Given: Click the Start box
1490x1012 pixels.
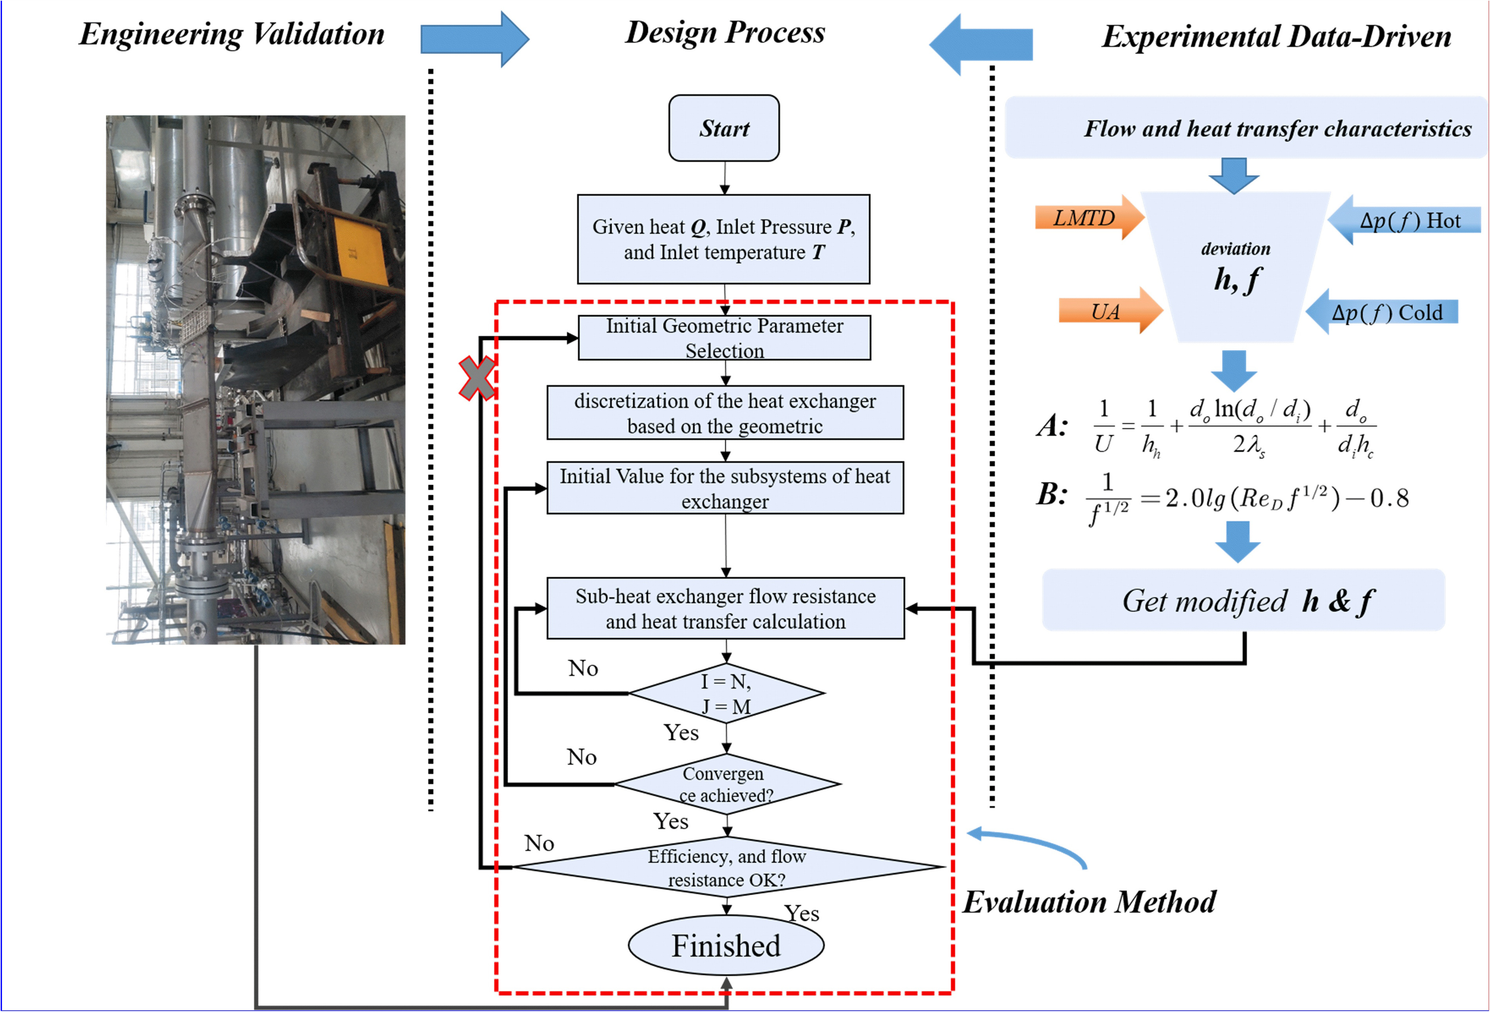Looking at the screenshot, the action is pos(724,128).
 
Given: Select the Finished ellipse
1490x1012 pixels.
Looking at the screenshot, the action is pos(726,945).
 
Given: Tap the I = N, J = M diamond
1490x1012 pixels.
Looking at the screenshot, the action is pos(727,693).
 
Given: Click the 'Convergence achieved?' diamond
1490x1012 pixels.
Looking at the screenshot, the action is pos(727,784).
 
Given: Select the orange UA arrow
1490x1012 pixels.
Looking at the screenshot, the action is pos(1110,311).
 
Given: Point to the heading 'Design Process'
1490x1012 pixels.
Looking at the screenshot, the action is pos(725,32).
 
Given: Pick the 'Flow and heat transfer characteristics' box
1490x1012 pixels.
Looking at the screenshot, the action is pos(1246,127).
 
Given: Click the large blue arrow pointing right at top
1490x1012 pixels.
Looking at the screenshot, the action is pos(474,39).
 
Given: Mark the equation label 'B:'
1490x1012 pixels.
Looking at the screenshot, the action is pos(1052,494).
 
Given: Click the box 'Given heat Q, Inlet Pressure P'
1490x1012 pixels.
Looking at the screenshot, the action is pos(724,239).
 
